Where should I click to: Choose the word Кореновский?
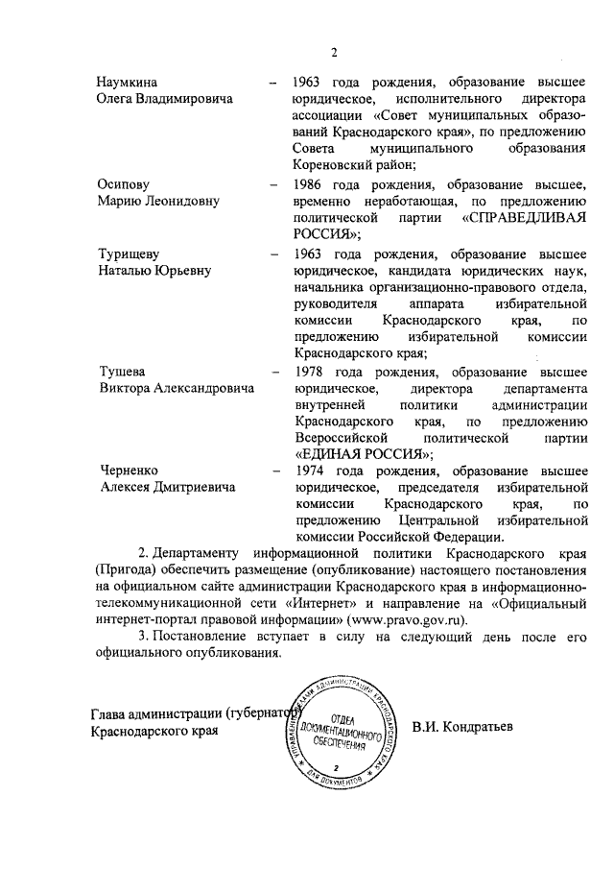pyautogui.click(x=336, y=166)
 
